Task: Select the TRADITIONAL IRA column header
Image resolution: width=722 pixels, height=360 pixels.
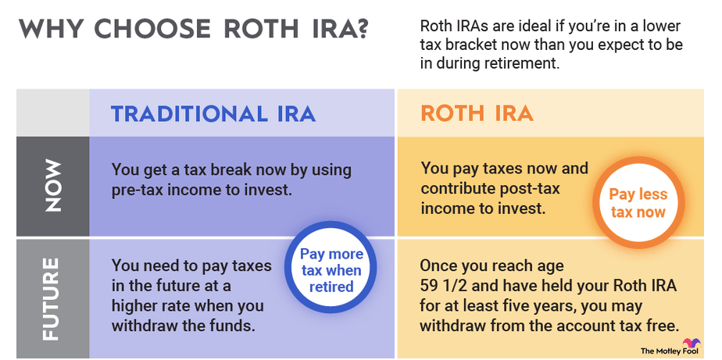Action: pos(213,114)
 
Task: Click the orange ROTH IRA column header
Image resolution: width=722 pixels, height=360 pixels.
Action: pos(477,114)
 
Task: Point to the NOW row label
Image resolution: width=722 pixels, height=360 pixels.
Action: pos(53,186)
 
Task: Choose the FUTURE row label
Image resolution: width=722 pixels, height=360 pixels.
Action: pos(51,299)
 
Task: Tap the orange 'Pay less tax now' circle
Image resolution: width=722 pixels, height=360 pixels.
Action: pos(638,202)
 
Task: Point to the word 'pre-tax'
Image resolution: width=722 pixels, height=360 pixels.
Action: pos(136,190)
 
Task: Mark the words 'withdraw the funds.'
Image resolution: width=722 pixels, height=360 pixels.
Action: pos(184,325)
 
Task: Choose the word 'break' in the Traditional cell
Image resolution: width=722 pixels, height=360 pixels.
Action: pos(228,170)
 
